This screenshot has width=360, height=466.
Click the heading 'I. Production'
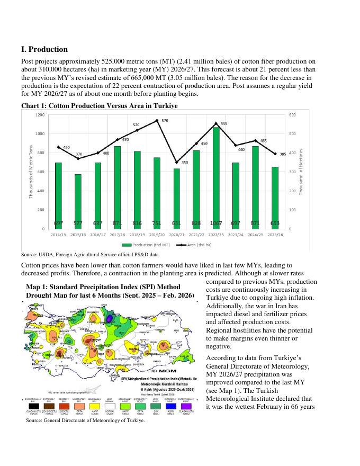[x=44, y=49]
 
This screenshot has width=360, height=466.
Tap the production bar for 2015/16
[x=78, y=201]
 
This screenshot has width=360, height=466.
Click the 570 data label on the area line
[x=165, y=121]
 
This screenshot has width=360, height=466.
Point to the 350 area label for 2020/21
[x=185, y=162]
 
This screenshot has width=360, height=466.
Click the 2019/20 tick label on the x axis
[x=157, y=234]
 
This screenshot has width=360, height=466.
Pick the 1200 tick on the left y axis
[x=40, y=115]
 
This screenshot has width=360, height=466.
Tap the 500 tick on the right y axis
[x=292, y=134]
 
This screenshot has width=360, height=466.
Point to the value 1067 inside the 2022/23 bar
[x=216, y=223]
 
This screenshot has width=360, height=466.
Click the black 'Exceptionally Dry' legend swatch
[x=33, y=406]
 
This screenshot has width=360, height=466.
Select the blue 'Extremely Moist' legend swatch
[x=171, y=406]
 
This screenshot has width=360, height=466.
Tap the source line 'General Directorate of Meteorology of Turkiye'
[x=85, y=420]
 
